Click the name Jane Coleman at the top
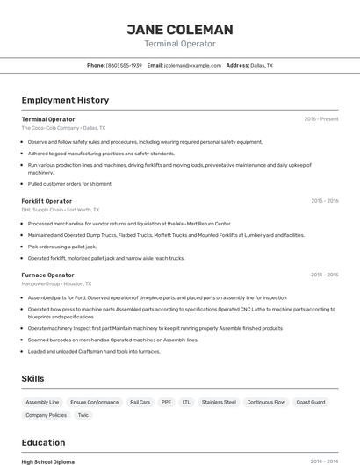click(x=180, y=30)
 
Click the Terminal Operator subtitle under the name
click(x=180, y=44)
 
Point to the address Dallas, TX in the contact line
click(x=262, y=65)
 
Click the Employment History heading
click(x=65, y=100)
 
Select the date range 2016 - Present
click(x=320, y=118)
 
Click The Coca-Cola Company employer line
click(x=63, y=127)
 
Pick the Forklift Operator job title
click(x=47, y=201)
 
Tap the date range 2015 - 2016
click(x=324, y=201)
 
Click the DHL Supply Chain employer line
click(x=60, y=210)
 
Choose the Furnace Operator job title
click(x=47, y=275)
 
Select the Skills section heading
click(x=33, y=378)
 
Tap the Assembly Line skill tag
click(x=42, y=402)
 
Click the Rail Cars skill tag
click(x=140, y=402)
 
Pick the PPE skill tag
click(x=166, y=402)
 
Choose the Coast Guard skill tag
click(x=311, y=402)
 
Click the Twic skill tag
click(x=83, y=415)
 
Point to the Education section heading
click(x=43, y=442)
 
